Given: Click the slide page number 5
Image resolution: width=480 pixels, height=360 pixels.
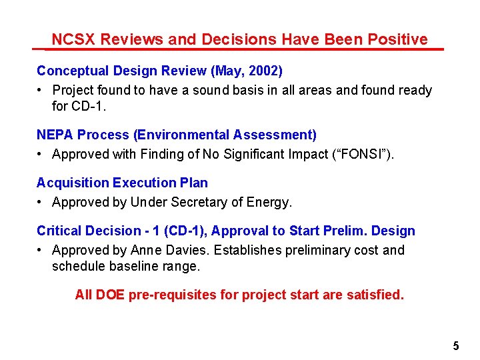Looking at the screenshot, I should tap(456, 346).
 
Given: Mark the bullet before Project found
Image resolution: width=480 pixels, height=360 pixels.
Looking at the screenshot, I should tap(41, 90).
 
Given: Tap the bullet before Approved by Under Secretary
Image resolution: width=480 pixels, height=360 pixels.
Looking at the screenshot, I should tap(41, 202).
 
